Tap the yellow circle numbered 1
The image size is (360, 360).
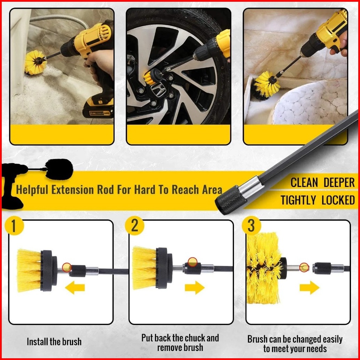tap(14, 226)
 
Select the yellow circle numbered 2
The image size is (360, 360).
tap(134, 226)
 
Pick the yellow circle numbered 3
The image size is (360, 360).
tap(251, 226)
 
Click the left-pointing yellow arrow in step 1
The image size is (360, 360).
tap(75, 288)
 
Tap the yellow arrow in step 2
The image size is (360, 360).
tap(195, 287)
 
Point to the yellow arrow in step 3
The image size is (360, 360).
tap(310, 287)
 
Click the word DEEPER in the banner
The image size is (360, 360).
tap(339, 182)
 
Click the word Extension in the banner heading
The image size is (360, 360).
tap(72, 190)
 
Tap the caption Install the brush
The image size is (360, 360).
tap(54, 342)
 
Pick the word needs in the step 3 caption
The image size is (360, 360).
tap(316, 349)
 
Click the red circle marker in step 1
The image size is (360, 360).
tap(67, 267)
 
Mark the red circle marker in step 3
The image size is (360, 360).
tap(304, 267)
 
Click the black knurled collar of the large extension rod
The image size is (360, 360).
tap(229, 200)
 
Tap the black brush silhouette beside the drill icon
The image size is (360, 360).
tap(59, 169)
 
